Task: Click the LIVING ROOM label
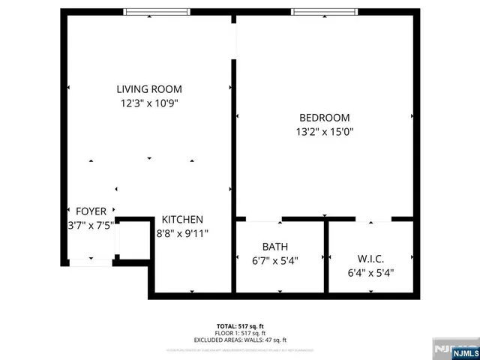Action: [148, 88]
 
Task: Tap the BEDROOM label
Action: [324, 118]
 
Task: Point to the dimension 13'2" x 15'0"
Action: [324, 132]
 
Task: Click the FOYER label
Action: [91, 211]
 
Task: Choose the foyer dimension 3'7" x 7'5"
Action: [91, 226]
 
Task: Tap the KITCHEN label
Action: [182, 220]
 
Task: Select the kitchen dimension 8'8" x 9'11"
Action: [182, 233]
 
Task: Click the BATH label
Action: [274, 247]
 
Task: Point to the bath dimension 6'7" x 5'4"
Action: [274, 261]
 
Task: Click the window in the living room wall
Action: [157, 11]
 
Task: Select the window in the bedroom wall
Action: [323, 11]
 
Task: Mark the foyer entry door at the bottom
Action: [91, 262]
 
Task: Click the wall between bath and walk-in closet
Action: [326, 257]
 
